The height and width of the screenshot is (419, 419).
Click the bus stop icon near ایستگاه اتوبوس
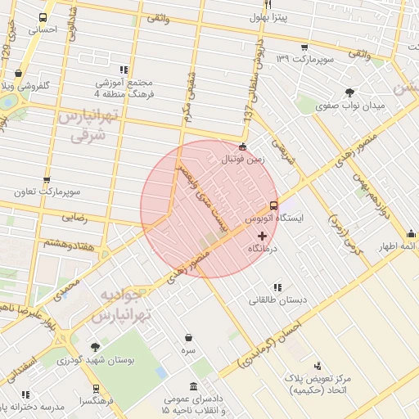coord(273,205)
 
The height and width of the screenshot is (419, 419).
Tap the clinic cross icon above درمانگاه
coord(261,236)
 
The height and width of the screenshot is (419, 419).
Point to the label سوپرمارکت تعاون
coord(46,192)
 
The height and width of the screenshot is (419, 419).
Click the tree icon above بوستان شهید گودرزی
coord(95,347)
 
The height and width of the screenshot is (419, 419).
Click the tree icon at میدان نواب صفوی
coord(351,92)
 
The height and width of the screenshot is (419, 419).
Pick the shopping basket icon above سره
coord(189,337)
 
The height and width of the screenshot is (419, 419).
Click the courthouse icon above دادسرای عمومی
coord(193,386)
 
